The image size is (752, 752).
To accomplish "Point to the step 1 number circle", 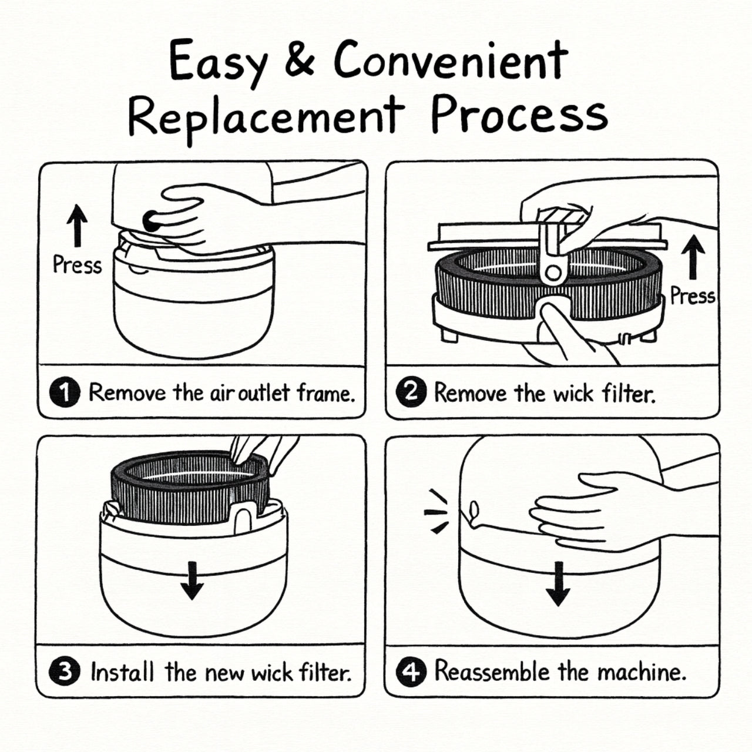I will tap(65, 392).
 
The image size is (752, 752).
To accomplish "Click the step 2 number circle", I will tap(411, 392).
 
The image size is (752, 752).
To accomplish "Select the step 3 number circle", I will tap(65, 672).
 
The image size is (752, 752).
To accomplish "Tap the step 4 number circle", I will tap(411, 672).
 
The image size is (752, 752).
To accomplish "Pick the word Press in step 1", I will tap(77, 265).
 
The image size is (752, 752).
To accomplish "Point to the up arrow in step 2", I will tap(694, 256).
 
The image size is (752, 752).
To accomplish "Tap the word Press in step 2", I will tap(693, 296).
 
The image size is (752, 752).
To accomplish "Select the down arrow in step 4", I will tap(558, 583).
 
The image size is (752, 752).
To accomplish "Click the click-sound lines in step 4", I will tap(436, 512).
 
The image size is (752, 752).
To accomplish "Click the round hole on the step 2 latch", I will tap(552, 272).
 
